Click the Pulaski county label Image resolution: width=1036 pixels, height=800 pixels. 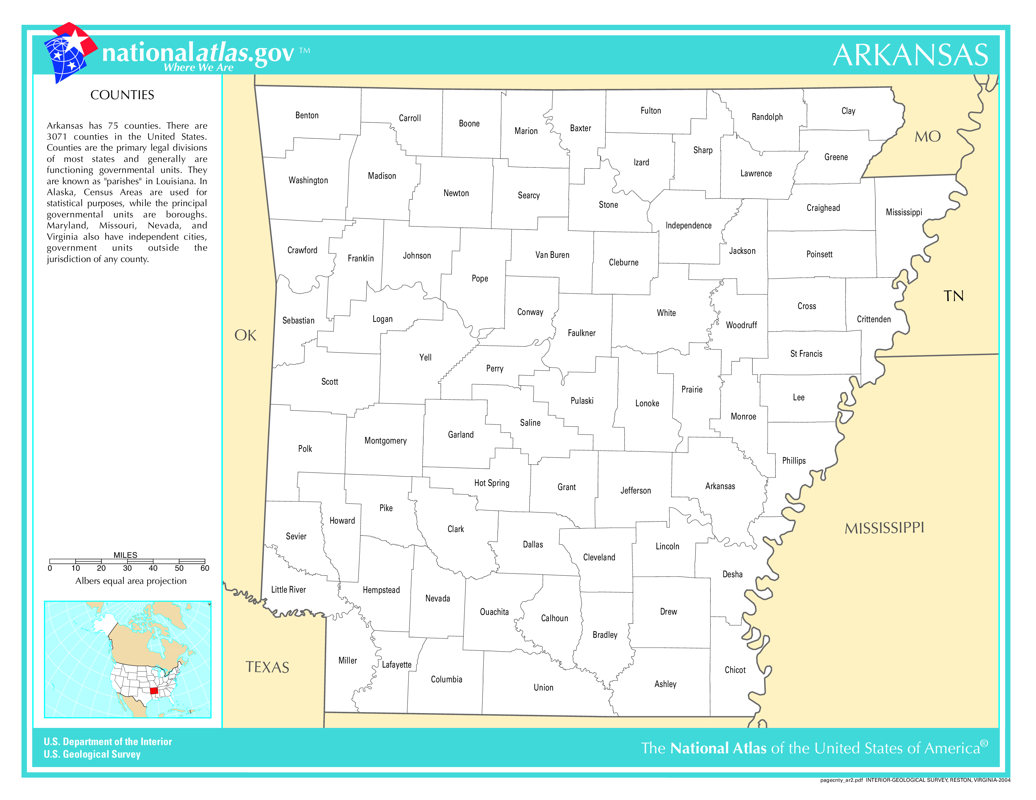click(581, 401)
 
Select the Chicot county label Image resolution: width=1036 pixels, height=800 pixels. click(735, 670)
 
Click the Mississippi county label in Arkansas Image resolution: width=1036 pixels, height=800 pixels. click(904, 212)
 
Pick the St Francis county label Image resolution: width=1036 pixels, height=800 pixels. click(806, 354)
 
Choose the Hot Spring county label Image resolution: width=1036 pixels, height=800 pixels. click(491, 483)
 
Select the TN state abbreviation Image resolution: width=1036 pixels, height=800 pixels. click(953, 296)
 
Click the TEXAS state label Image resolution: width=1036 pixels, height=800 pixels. click(267, 667)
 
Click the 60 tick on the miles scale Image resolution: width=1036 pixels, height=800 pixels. click(204, 568)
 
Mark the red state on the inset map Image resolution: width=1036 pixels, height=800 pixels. click(154, 691)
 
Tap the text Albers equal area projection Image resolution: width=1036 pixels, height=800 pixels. click(131, 581)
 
